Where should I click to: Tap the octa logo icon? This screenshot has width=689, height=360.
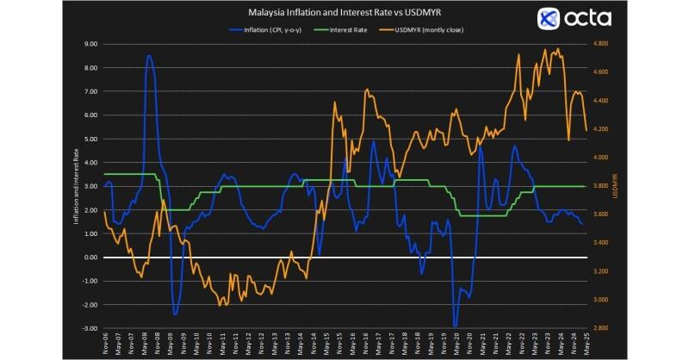[x=549, y=19]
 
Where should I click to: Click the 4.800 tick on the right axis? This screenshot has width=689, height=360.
[x=600, y=43]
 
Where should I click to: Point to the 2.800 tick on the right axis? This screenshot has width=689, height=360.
[x=600, y=328]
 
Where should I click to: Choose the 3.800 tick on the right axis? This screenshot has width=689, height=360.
[x=600, y=186]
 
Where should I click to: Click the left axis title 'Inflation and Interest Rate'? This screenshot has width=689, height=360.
[x=77, y=185]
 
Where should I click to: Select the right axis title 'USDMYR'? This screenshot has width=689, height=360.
[x=616, y=185]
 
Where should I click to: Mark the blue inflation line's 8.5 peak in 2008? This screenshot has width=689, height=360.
[x=149, y=56]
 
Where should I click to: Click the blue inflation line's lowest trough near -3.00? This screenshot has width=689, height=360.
[x=456, y=326]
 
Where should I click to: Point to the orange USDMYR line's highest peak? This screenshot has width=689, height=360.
[x=558, y=48]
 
